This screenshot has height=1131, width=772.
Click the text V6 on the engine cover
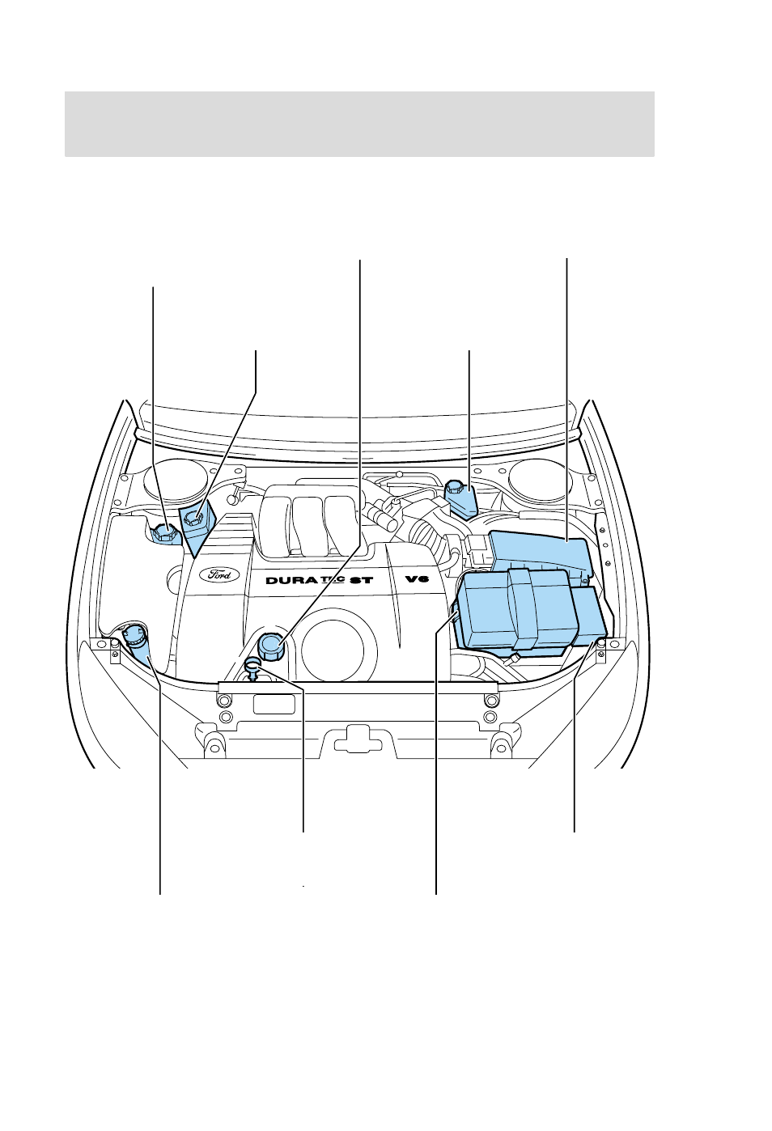(x=417, y=578)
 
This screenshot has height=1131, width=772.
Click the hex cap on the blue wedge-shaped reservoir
(x=194, y=518)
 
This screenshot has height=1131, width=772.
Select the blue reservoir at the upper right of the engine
(x=460, y=499)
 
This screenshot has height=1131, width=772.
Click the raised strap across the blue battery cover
(x=522, y=608)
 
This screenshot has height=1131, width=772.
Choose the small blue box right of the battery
(x=589, y=616)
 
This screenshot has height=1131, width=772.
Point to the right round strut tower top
(x=540, y=479)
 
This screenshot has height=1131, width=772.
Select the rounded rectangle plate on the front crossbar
(x=274, y=704)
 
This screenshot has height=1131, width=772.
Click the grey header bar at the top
(x=359, y=125)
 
